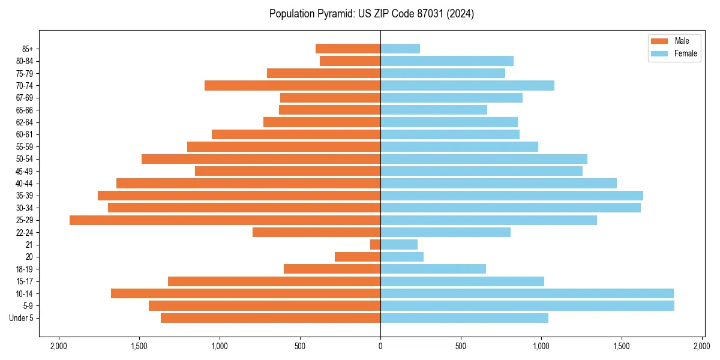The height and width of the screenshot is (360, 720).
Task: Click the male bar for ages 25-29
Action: click(225, 220)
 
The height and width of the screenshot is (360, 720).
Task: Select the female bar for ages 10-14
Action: click(527, 293)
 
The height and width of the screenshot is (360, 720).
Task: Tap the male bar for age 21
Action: click(376, 245)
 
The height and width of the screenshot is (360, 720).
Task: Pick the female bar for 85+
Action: click(400, 49)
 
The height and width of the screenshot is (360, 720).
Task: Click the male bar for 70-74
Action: click(292, 85)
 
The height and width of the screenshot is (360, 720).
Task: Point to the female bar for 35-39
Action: click(512, 196)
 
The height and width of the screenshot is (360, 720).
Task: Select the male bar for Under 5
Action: click(271, 318)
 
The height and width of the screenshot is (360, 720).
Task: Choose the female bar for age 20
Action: click(402, 257)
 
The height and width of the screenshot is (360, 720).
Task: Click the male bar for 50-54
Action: click(261, 159)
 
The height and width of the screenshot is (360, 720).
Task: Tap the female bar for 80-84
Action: click(447, 61)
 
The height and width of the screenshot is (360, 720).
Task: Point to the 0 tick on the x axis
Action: click(380, 346)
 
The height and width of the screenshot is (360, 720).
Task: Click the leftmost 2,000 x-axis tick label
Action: click(58, 346)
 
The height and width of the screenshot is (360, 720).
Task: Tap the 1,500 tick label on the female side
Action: click(622, 346)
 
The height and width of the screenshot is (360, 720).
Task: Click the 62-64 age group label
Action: click(29, 122)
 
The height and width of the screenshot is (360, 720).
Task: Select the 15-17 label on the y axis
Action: click(29, 281)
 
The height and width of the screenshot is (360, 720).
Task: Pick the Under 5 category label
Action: click(25, 318)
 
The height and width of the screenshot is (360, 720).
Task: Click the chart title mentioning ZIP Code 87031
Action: click(371, 14)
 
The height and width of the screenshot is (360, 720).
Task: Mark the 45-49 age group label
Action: click(29, 171)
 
